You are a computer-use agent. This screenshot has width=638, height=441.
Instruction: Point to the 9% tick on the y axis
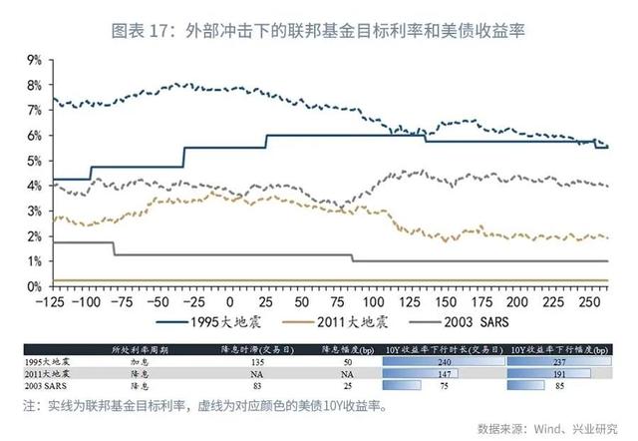pyautogui.click(x=34, y=60)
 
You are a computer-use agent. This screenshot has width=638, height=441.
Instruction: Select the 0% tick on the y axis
pyautogui.click(x=34, y=286)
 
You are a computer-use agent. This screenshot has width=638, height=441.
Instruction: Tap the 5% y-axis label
pyautogui.click(x=34, y=161)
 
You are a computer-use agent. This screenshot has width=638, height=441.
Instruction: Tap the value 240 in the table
pyautogui.click(x=448, y=361)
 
